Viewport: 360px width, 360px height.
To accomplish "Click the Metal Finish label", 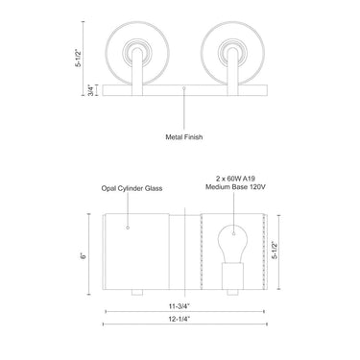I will point(184,135).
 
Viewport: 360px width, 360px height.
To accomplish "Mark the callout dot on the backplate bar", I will point(184,88).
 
